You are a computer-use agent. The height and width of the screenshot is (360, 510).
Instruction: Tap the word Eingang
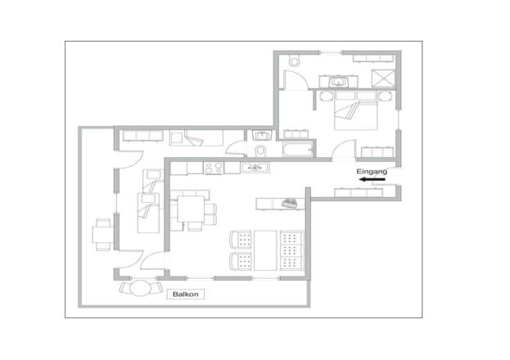point(372,173)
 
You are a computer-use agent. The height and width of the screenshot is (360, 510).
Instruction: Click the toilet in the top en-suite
point(295,61)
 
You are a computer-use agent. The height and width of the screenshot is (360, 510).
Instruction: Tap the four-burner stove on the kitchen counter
point(214,168)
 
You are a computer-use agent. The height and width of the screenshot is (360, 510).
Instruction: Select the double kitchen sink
point(256,168)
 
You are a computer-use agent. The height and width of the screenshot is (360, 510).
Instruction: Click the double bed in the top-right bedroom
point(356,115)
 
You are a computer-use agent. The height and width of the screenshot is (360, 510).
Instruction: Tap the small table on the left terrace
point(102,235)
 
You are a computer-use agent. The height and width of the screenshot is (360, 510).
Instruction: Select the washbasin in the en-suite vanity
point(336,83)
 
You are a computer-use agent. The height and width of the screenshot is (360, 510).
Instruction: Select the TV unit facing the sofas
point(281,202)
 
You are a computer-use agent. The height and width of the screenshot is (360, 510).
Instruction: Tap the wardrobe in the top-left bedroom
point(140,136)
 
